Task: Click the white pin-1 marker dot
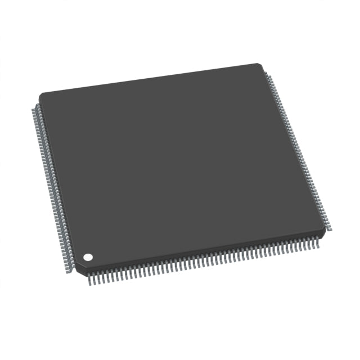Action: coord(88,257)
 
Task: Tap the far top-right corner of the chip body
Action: coord(260,63)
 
